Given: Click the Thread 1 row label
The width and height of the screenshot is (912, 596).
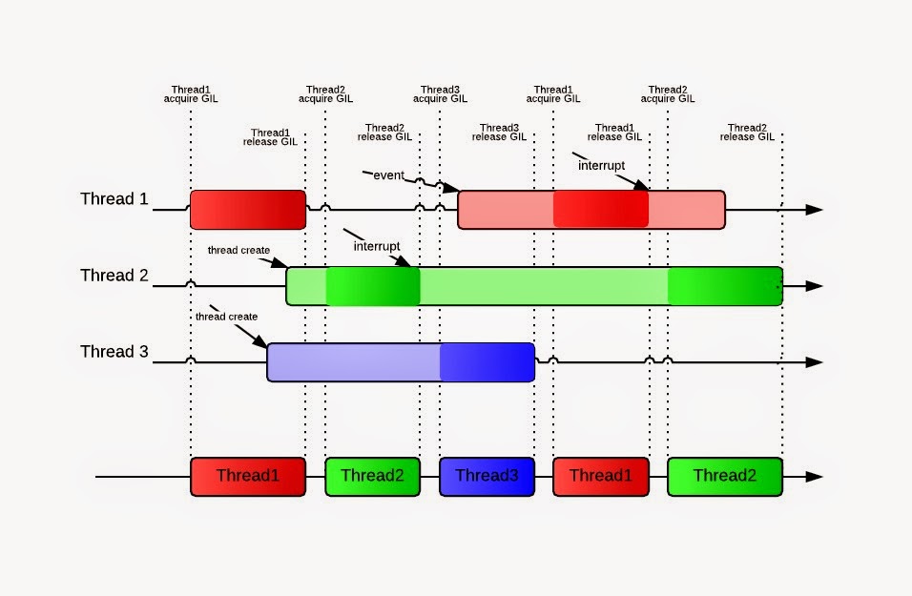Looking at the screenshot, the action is [x=114, y=199].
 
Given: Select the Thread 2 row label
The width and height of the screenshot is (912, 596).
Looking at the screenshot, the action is [x=114, y=275].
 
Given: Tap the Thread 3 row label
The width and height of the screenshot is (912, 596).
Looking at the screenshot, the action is [x=114, y=351].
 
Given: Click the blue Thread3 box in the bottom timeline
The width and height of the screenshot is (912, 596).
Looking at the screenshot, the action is [x=487, y=477].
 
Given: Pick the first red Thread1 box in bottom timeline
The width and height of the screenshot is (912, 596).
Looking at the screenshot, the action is [x=248, y=477].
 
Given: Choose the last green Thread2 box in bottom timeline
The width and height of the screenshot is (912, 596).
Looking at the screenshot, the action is [x=725, y=477].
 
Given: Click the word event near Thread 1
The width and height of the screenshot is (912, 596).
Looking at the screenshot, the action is [x=388, y=175].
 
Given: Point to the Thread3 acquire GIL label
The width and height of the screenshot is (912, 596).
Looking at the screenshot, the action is [x=441, y=94].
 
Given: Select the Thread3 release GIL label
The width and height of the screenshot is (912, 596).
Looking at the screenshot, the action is [x=499, y=132].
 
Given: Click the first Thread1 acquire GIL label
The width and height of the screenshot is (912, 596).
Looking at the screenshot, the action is [x=191, y=94].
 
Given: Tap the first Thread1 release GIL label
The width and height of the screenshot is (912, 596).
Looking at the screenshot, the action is [x=270, y=137].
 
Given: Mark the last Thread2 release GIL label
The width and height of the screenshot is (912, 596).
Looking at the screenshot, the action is [x=747, y=132].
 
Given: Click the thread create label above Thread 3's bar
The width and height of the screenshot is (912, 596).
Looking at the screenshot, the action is [x=226, y=317].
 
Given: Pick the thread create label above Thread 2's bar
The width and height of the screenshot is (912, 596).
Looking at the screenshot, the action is [x=238, y=250].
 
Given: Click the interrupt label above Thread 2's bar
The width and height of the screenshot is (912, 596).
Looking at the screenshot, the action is [x=377, y=246].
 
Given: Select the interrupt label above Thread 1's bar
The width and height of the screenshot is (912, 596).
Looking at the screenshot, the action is [x=601, y=166].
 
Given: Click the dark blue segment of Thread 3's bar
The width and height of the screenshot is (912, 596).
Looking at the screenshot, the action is [x=487, y=362].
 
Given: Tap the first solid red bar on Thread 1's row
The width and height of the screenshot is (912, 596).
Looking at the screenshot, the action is [x=248, y=210].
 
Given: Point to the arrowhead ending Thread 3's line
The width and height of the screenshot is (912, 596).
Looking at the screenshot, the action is [x=815, y=362].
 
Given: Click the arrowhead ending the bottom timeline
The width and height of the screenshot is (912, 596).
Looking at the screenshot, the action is [x=815, y=477].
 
